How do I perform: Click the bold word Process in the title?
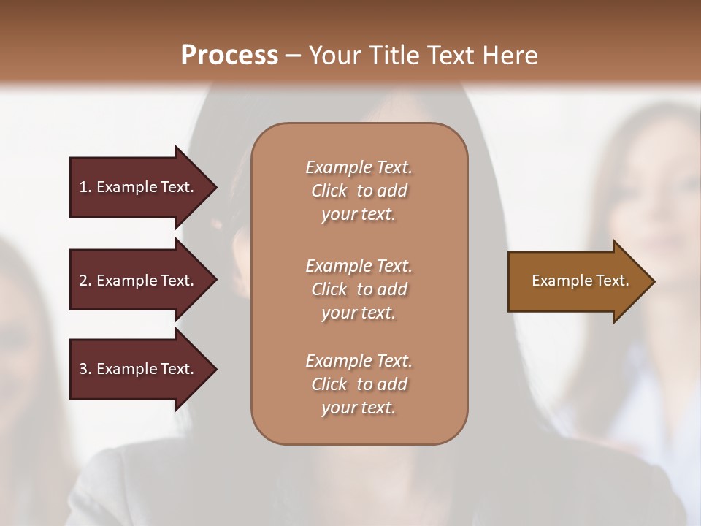click(229, 56)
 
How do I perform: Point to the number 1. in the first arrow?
click(85, 188)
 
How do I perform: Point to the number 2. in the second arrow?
click(85, 281)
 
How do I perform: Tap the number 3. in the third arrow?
click(85, 370)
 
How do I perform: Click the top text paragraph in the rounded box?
click(359, 191)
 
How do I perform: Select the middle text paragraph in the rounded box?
click(359, 289)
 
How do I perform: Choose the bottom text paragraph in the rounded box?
click(359, 384)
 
